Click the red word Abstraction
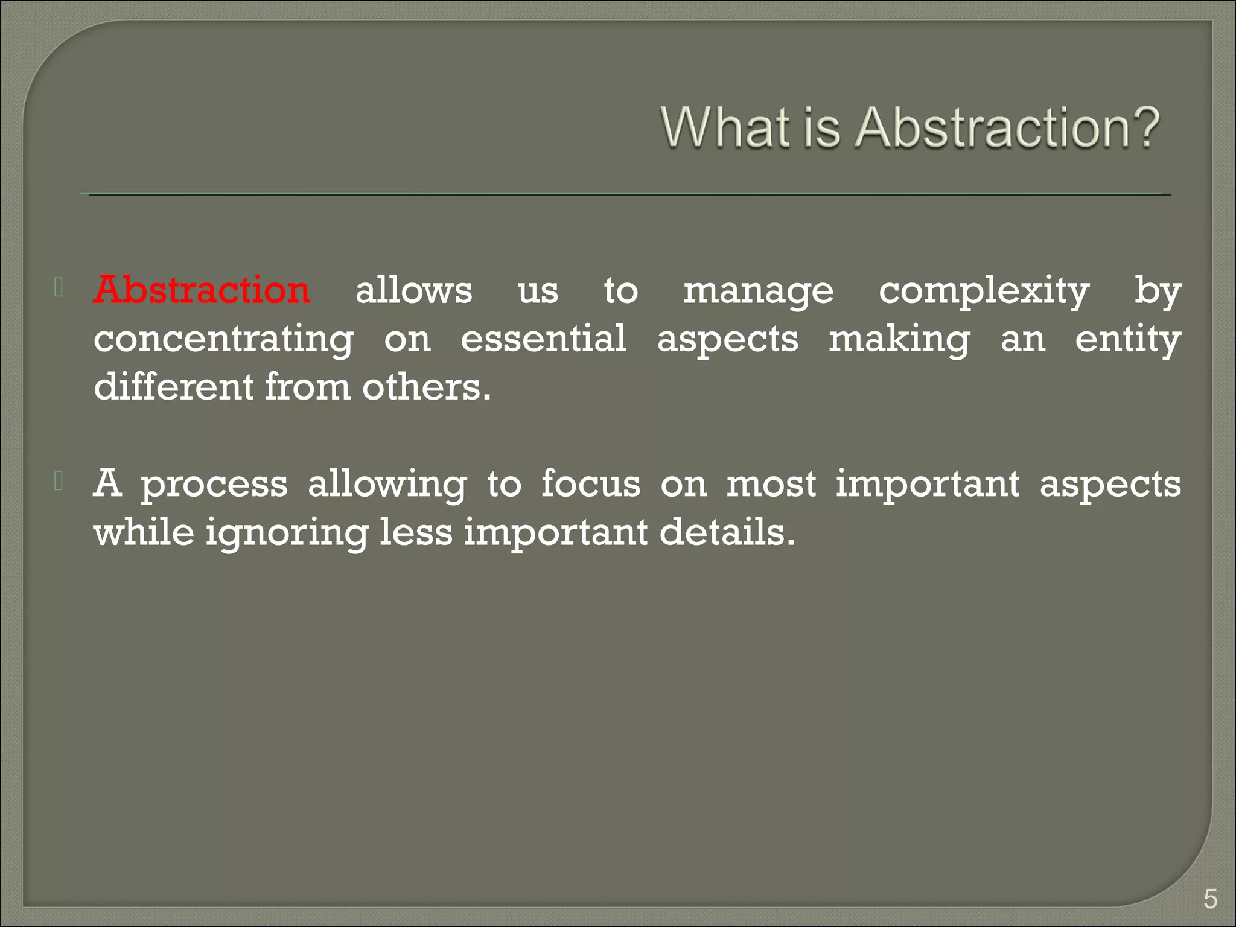click(202, 290)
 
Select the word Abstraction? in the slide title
click(1007, 128)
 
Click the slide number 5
click(1209, 900)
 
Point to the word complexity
click(984, 292)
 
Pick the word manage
click(758, 292)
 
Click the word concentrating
click(223, 340)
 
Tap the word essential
click(543, 339)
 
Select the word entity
click(1127, 340)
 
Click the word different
click(174, 387)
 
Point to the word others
click(427, 387)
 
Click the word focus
click(590, 484)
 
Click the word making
click(899, 340)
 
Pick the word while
click(144, 532)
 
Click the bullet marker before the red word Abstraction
click(59, 287)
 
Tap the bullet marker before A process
click(59, 481)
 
